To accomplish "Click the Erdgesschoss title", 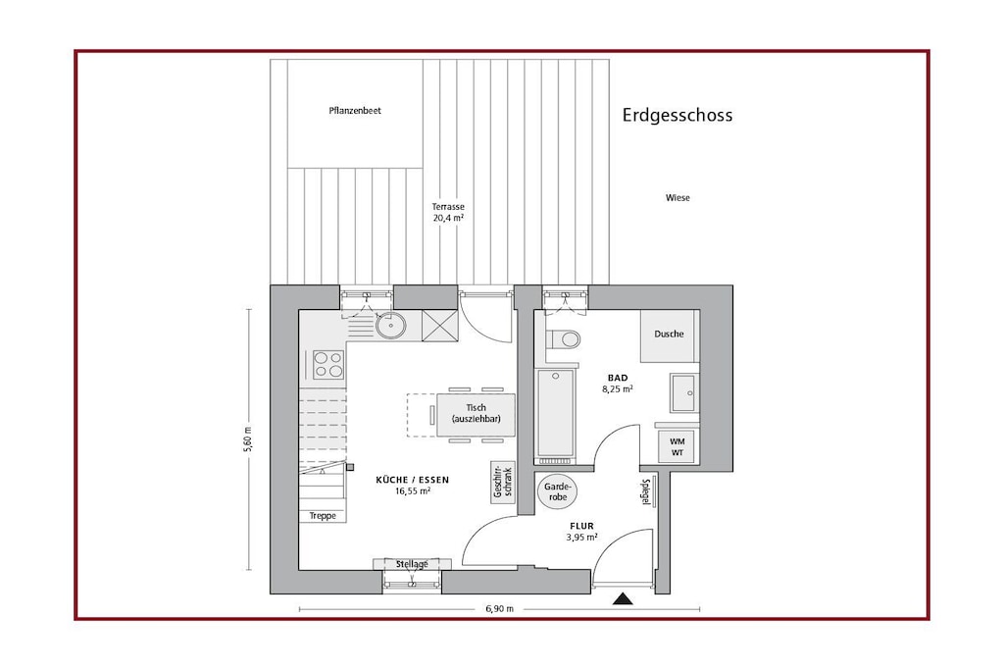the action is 678,116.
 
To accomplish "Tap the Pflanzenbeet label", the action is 355,111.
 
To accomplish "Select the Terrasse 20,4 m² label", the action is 447,212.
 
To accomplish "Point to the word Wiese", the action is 678,198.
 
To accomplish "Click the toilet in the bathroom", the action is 564,338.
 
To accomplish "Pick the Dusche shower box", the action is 669,335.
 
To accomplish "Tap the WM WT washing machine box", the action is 677,446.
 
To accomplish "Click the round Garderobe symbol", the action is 557,491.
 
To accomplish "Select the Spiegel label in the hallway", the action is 647,491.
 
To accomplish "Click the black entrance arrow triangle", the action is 623,599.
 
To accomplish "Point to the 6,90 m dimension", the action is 499,609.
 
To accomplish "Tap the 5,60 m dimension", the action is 248,439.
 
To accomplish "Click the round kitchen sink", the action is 390,326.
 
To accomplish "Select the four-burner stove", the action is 328,365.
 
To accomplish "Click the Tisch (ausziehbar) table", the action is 476,414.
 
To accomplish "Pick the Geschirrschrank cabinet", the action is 503,482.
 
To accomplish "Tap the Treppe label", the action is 323,516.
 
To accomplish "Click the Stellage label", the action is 412,564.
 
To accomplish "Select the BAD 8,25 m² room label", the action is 618,383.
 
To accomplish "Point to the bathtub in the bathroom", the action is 555,413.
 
